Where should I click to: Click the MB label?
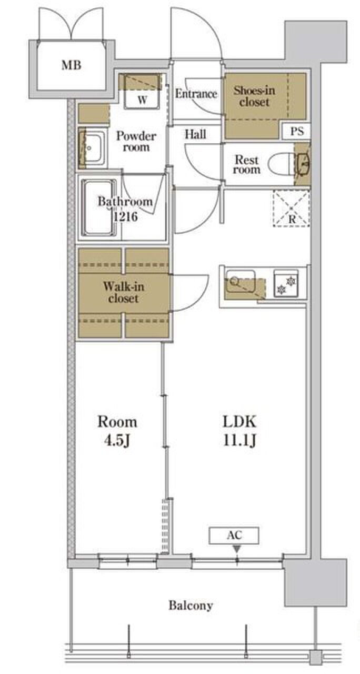pyautogui.click(x=71, y=65)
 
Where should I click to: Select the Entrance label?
pyautogui.click(x=196, y=94)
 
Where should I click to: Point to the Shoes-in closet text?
pyautogui.click(x=254, y=96)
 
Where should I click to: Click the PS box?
pyautogui.click(x=296, y=131)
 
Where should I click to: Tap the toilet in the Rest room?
pyautogui.click(x=282, y=164)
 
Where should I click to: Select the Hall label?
pyautogui.click(x=195, y=134)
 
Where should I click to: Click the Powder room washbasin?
pyautogui.click(x=92, y=148)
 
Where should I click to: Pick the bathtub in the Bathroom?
pyautogui.click(x=99, y=207)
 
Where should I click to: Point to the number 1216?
pyautogui.click(x=125, y=216)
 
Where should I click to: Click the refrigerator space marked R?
pyautogui.click(x=292, y=208)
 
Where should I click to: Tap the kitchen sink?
pyautogui.click(x=241, y=281)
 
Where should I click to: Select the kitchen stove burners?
pyautogui.click(x=286, y=285)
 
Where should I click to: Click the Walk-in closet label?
pyautogui.click(x=124, y=292)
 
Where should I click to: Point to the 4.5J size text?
pyautogui.click(x=117, y=441)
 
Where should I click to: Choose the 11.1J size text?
pyautogui.click(x=239, y=441)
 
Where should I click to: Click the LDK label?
pyautogui.click(x=239, y=422)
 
